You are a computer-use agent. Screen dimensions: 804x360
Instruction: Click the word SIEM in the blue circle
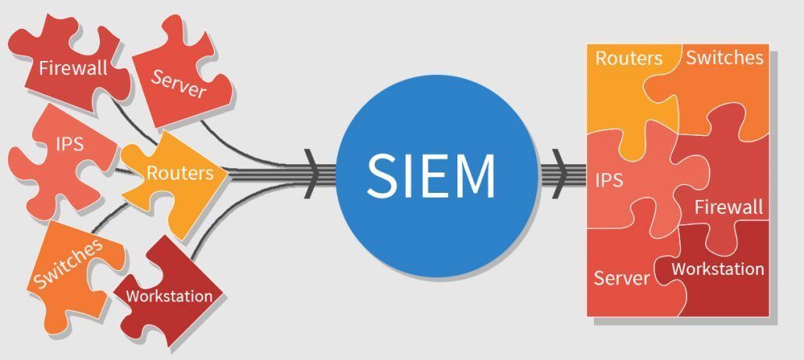pyautogui.click(x=431, y=175)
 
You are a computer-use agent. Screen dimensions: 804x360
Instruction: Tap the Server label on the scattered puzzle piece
pyautogui.click(x=179, y=84)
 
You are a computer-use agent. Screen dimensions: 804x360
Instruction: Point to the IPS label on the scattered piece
pyautogui.click(x=69, y=144)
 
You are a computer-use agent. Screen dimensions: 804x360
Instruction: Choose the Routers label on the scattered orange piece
pyautogui.click(x=180, y=173)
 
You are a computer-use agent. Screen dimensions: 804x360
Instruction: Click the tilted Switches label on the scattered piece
pyautogui.click(x=69, y=263)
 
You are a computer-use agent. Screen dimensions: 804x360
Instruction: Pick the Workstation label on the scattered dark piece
pyautogui.click(x=169, y=296)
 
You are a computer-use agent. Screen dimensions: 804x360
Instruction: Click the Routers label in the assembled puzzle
pyautogui.click(x=628, y=59)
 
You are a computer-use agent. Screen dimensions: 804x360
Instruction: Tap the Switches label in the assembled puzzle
pyautogui.click(x=724, y=57)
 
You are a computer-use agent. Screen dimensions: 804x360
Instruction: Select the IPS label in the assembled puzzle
pyautogui.click(x=609, y=180)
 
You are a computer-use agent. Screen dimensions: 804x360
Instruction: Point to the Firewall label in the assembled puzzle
pyautogui.click(x=728, y=207)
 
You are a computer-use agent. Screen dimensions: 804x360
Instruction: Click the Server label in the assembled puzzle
pyautogui.click(x=621, y=278)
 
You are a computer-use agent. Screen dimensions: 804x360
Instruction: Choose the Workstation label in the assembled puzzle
pyautogui.click(x=717, y=269)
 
